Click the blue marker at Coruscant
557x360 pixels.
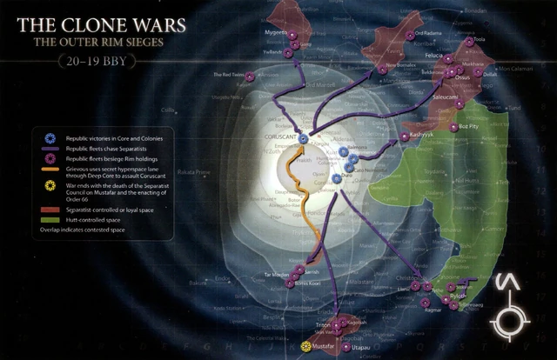point(303,138)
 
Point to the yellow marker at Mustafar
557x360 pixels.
point(305,347)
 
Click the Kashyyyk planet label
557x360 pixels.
point(425,137)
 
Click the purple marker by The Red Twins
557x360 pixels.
point(250,77)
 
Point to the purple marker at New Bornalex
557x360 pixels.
point(382,69)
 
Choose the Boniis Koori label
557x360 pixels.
point(309,284)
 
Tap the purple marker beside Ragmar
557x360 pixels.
point(425,302)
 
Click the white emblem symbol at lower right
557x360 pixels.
point(507,306)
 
